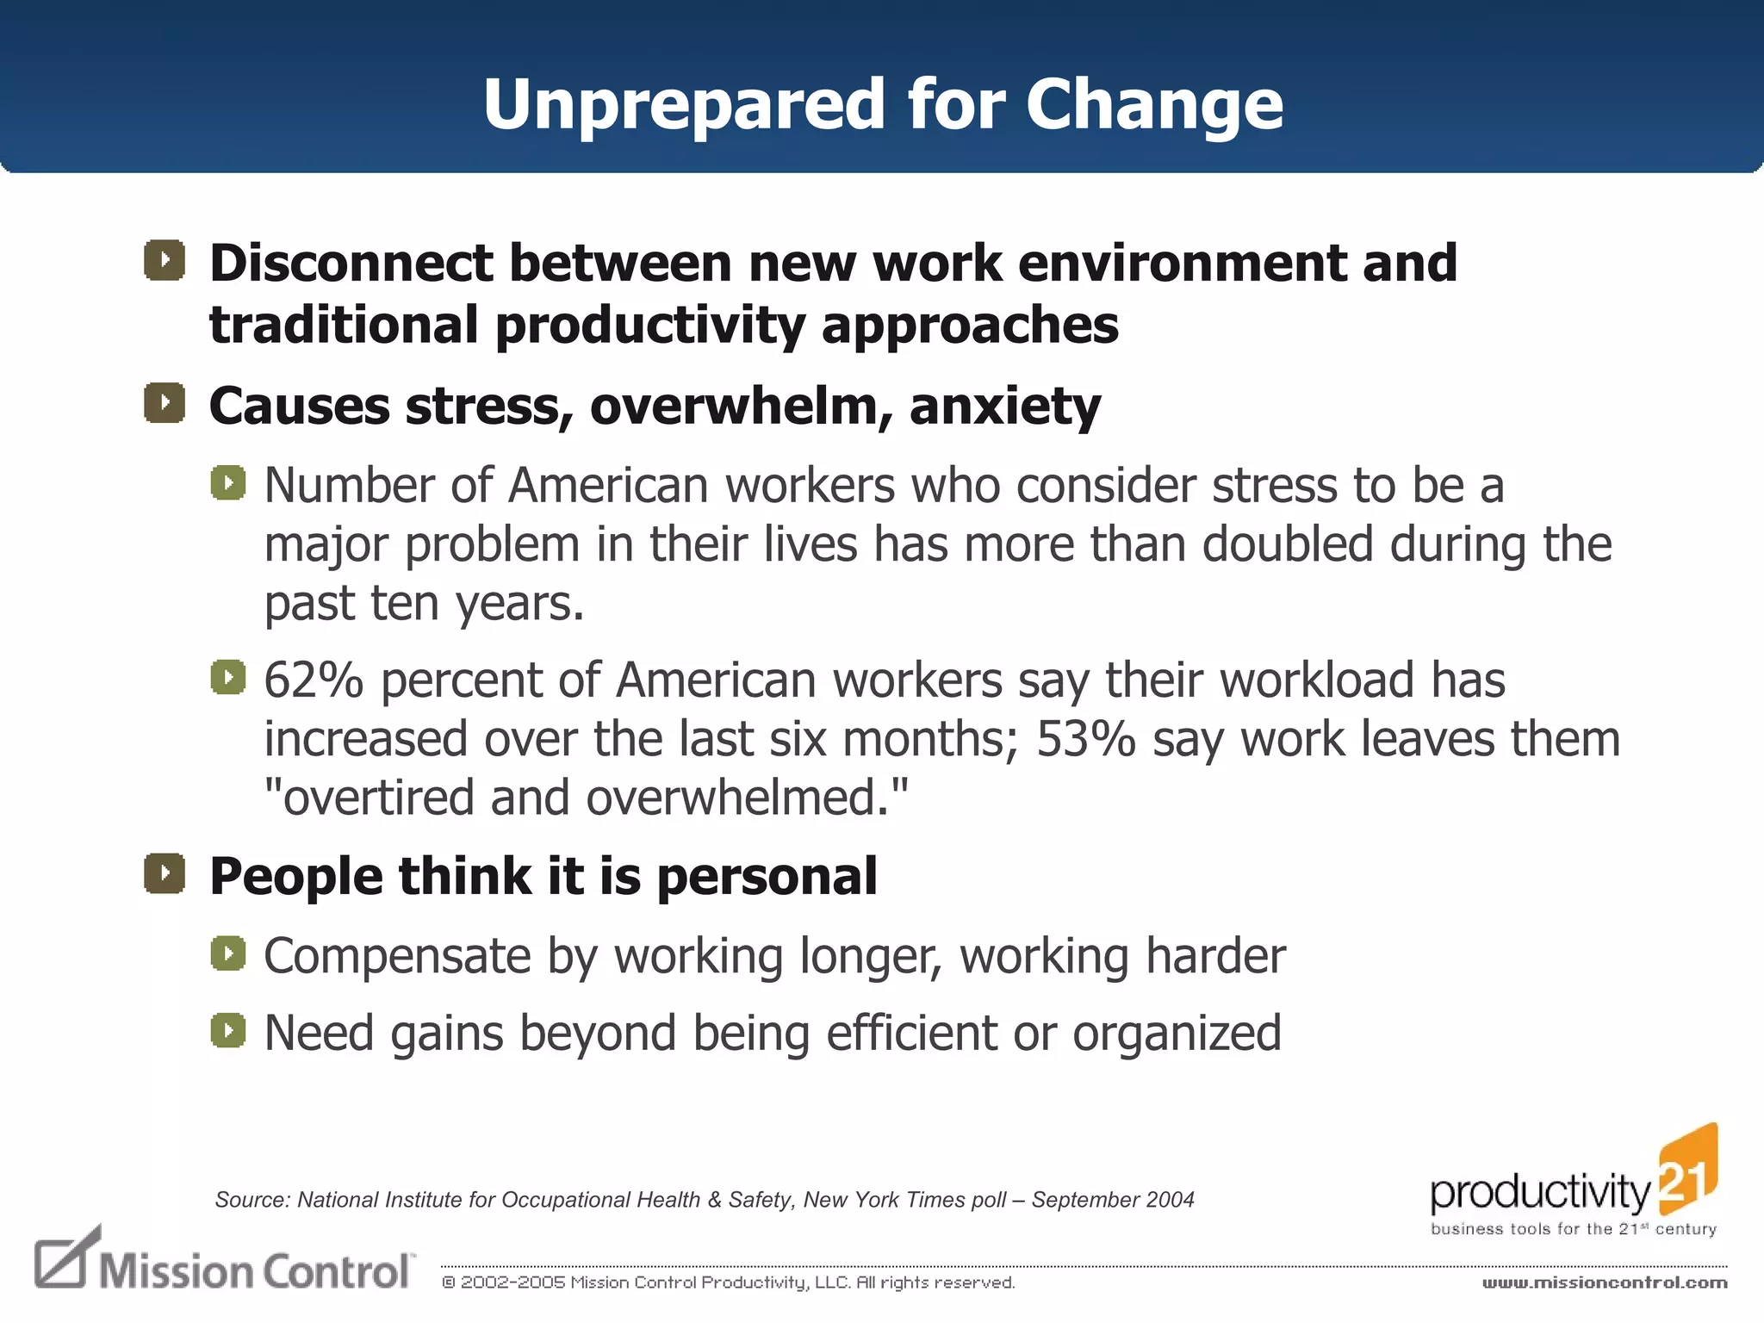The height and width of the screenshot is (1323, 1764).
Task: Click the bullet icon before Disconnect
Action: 165,260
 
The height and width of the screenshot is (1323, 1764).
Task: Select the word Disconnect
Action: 351,263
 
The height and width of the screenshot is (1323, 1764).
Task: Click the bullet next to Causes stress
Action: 165,403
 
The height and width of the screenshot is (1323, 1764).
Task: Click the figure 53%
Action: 1085,739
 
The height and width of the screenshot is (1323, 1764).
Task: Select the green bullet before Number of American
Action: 228,483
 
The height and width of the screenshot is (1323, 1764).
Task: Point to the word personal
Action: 767,877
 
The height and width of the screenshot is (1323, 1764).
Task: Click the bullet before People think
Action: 165,874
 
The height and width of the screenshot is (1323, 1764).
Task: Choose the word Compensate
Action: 397,956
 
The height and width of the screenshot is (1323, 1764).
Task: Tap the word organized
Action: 1177,1033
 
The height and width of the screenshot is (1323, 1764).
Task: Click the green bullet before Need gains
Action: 228,1030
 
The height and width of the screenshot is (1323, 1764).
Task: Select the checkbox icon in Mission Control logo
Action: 63,1258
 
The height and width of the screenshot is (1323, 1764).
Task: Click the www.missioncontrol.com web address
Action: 1604,1283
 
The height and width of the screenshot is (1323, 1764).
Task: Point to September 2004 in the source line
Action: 1112,1200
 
